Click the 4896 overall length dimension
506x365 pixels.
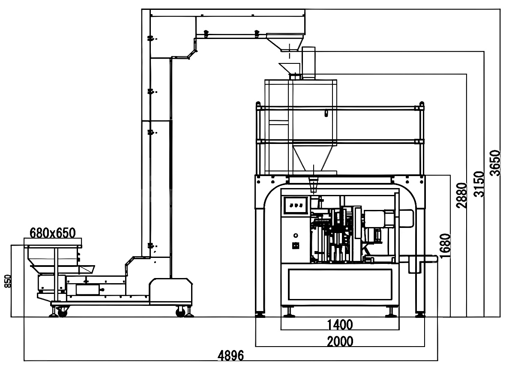coord(231,355)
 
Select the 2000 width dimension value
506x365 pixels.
coord(340,341)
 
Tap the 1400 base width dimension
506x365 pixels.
coord(340,325)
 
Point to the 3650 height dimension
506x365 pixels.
coord(495,163)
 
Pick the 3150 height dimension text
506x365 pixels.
coord(479,184)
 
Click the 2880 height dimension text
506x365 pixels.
coord(461,195)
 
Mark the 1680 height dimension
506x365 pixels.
coord(445,246)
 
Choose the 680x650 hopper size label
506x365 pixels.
coord(53,233)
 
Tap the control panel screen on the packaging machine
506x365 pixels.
coord(296,205)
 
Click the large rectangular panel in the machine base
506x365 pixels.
coord(340,284)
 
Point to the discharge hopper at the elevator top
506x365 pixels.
coord(284,43)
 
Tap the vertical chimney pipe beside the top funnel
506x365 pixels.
coord(308,63)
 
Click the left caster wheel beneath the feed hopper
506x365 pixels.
coord(63,313)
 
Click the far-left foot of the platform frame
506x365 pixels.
coord(260,315)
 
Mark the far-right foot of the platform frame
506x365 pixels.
coord(420,315)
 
